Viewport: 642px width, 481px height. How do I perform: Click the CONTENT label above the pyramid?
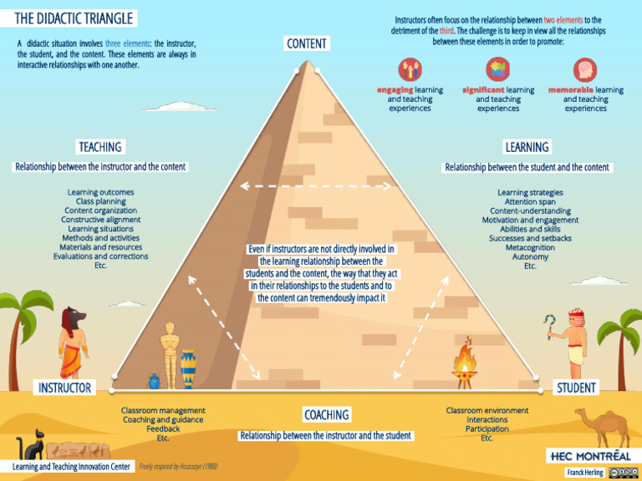point(307,43)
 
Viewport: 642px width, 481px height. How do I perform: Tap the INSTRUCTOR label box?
point(64,387)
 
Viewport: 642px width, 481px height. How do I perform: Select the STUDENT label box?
point(577,387)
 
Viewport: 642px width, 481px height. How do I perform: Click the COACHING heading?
point(327,415)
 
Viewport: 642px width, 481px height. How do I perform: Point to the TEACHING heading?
point(100,147)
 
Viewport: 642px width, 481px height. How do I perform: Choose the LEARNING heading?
point(527,147)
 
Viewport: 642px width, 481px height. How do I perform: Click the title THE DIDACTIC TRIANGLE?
point(74,18)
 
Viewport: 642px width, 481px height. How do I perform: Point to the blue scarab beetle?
point(155,381)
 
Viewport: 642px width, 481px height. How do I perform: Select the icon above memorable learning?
point(585,69)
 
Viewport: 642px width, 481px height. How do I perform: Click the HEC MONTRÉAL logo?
point(589,455)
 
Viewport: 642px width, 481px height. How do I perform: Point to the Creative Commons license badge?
point(624,473)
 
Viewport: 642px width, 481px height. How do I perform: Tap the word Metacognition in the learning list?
point(530,247)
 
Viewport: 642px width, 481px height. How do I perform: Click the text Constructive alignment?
point(100,220)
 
